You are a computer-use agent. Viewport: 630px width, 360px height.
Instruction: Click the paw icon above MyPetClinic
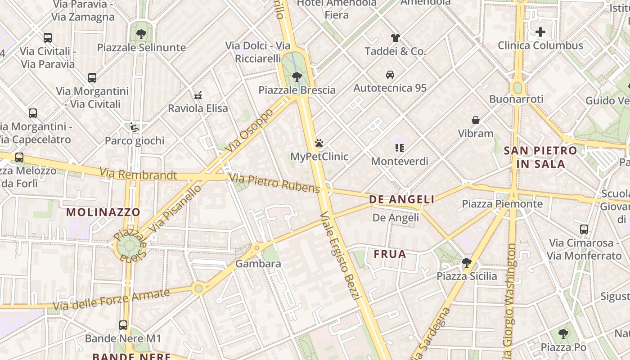(319, 144)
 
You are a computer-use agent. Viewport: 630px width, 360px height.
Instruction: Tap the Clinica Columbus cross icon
(540, 32)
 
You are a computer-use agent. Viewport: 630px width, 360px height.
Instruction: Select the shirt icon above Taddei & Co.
(395, 37)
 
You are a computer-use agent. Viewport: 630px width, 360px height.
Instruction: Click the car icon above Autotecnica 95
(390, 74)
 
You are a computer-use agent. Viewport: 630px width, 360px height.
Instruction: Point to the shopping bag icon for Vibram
(476, 120)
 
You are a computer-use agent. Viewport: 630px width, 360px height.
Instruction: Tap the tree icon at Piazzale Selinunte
(141, 34)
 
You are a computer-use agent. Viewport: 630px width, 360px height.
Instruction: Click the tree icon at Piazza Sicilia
(467, 262)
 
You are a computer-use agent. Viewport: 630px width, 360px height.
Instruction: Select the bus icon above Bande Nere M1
(123, 325)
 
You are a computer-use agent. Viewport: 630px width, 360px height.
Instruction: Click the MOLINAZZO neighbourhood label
(103, 212)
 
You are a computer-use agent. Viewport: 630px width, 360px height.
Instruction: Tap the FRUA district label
(390, 254)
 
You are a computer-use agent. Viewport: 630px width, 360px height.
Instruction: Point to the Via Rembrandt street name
(138, 174)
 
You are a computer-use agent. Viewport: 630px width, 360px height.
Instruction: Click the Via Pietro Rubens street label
(274, 183)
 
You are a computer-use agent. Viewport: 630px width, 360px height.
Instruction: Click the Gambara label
(258, 264)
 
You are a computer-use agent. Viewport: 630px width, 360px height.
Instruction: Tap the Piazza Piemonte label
(502, 204)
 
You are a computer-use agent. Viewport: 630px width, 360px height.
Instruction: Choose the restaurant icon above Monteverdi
(399, 148)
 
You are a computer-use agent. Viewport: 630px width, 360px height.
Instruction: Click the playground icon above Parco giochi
(134, 127)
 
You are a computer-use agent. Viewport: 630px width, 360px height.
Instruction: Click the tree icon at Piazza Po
(563, 334)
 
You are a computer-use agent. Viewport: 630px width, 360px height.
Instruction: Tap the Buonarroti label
(516, 99)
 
